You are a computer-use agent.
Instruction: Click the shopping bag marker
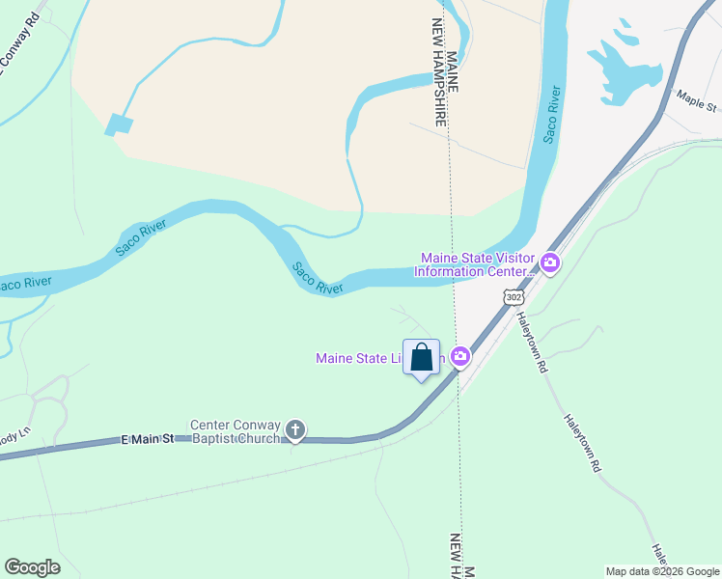(422, 358)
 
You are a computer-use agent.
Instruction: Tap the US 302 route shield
(513, 299)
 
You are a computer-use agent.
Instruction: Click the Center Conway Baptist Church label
(236, 431)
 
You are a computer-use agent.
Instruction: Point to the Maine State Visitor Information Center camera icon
(550, 262)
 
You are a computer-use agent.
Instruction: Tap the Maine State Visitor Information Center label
(477, 264)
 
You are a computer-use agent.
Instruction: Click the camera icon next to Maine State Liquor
(460, 358)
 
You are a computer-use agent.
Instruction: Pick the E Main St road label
(148, 439)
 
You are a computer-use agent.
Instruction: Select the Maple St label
(696, 99)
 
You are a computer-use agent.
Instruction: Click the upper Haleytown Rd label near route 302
(532, 343)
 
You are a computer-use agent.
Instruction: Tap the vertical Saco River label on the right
(551, 115)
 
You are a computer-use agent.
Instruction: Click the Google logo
(32, 566)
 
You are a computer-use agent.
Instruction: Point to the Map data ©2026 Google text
(662, 571)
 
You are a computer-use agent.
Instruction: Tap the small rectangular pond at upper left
(120, 124)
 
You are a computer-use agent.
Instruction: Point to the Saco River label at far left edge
(23, 285)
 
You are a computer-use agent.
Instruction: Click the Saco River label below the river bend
(318, 278)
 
